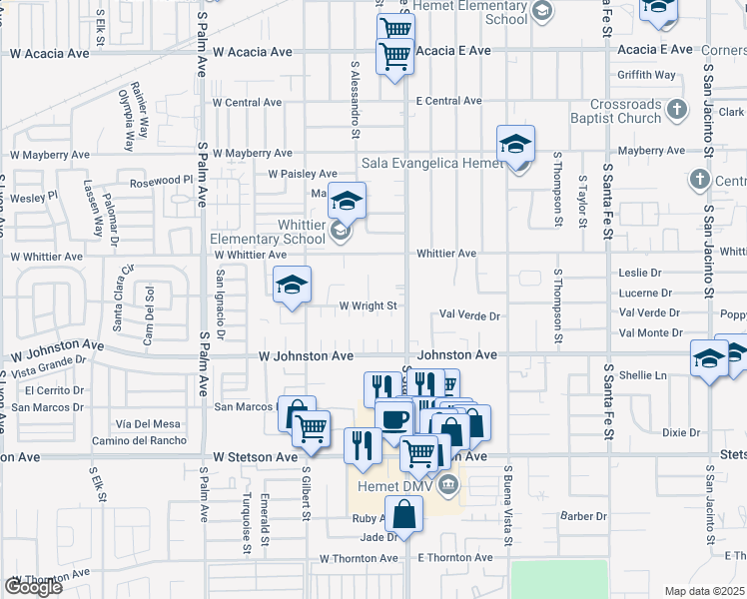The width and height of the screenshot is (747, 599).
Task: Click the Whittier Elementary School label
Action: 268,233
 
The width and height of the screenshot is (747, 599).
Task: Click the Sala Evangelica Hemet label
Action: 431,164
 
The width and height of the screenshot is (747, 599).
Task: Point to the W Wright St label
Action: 369,306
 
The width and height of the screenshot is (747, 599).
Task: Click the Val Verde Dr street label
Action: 469,315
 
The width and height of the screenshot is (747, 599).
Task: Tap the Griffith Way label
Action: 646,75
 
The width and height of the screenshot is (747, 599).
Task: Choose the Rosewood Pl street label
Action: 160,183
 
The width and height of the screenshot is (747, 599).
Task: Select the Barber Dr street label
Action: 584,516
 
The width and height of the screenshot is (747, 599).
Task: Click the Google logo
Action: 33,587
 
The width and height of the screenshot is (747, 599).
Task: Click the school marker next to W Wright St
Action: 293,287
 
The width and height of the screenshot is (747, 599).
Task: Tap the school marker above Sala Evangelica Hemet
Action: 516,145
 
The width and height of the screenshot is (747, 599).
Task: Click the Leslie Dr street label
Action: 640,273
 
